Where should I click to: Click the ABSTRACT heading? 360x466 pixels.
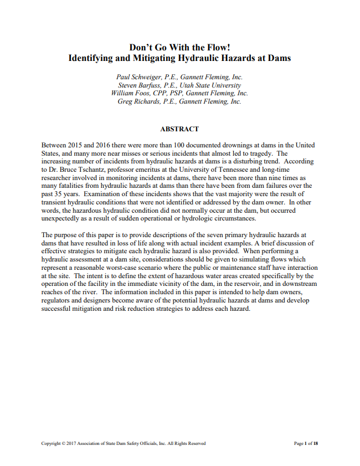coord(179,129)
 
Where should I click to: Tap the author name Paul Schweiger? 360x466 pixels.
coord(137,77)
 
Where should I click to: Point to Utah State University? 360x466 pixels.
coord(214,85)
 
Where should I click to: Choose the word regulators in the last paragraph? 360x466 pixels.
coord(57,300)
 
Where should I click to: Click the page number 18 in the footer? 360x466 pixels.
coord(315,443)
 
